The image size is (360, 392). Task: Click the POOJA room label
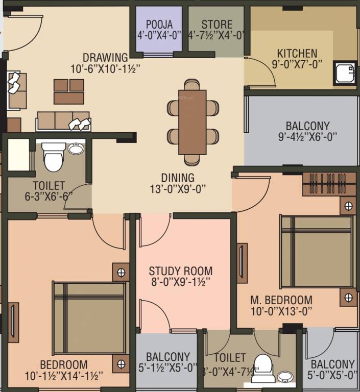(x=158, y=24)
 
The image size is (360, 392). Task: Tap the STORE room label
(x=217, y=24)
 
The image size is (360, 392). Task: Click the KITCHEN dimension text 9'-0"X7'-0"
(x=297, y=65)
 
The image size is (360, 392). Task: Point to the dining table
(x=193, y=121)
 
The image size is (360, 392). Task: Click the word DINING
(x=178, y=178)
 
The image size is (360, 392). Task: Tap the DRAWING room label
(x=105, y=57)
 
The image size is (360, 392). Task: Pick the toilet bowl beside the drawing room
(x=53, y=156)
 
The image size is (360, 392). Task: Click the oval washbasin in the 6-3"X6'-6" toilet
(x=76, y=149)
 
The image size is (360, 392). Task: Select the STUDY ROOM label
(x=180, y=271)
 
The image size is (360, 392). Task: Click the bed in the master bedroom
(x=317, y=251)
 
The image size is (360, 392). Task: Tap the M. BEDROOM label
(x=281, y=300)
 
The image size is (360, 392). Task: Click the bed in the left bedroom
(x=90, y=317)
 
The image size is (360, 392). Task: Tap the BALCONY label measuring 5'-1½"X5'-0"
(x=168, y=357)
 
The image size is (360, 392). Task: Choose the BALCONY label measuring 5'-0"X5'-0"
(x=332, y=364)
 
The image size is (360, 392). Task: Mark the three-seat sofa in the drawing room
(x=63, y=121)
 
